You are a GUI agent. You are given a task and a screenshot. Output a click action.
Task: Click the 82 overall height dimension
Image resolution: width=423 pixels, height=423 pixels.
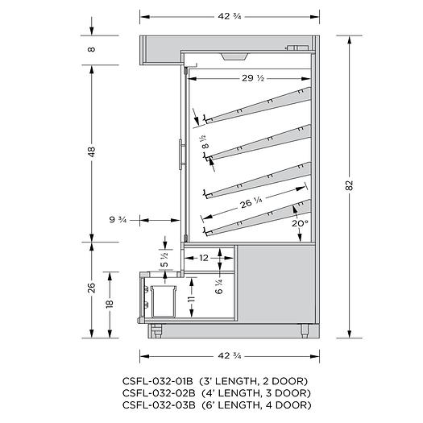tap(350, 185)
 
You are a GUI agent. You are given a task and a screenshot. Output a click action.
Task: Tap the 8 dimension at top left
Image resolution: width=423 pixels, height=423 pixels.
tap(93, 49)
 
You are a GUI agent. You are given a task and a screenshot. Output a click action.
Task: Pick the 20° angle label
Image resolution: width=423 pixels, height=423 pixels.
tap(300, 223)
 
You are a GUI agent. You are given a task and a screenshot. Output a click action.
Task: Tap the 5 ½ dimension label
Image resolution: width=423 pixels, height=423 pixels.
tap(165, 259)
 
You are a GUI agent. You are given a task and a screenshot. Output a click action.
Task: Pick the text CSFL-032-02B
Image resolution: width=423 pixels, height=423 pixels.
tap(156, 393)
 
